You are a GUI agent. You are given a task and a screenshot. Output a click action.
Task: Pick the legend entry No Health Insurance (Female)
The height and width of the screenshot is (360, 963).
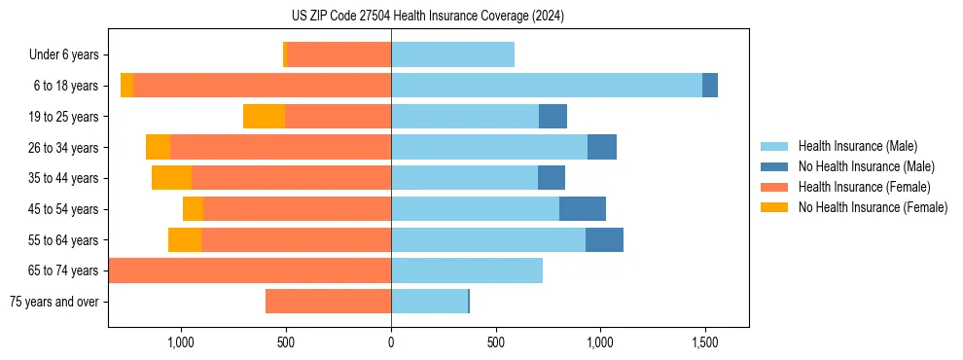click(872, 207)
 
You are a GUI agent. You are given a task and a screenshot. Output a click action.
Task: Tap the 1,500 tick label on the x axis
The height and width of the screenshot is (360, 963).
click(704, 342)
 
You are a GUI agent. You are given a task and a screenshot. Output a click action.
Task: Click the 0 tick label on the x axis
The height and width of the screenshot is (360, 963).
click(391, 342)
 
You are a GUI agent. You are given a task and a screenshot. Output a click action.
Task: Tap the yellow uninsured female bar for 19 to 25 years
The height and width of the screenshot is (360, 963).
click(264, 117)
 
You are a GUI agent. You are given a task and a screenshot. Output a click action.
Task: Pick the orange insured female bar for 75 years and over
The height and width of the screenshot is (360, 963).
click(328, 302)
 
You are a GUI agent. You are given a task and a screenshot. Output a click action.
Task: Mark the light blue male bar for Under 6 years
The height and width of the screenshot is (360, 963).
click(452, 55)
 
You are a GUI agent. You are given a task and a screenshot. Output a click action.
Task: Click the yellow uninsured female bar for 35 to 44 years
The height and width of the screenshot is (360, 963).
click(171, 178)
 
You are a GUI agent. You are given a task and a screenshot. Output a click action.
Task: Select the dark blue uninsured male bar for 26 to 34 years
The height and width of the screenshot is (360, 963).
click(602, 147)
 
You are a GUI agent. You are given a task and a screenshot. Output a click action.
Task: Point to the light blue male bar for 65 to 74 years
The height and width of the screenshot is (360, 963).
click(467, 270)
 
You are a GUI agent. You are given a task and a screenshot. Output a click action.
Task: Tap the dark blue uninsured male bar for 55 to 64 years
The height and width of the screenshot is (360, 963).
click(604, 239)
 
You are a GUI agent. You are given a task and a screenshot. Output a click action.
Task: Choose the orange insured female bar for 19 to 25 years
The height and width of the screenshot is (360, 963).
click(338, 117)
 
